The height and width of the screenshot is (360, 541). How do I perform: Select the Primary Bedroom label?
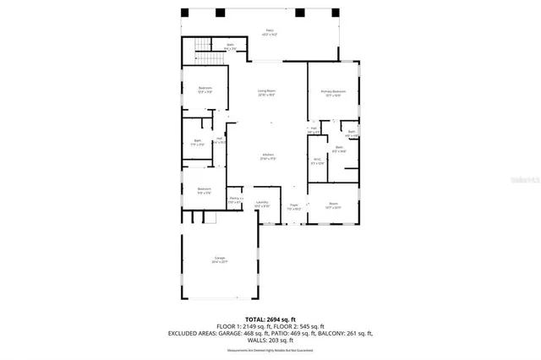pyautogui.click(x=333, y=92)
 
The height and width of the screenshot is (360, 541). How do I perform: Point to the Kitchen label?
pyautogui.click(x=269, y=156)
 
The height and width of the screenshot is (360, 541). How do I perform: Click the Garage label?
pyautogui.click(x=219, y=260)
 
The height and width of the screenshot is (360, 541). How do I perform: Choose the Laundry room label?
pyautogui.click(x=263, y=204)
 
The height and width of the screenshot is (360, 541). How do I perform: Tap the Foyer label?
pyautogui.click(x=294, y=205)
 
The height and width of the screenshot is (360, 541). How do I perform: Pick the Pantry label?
pyautogui.click(x=235, y=200)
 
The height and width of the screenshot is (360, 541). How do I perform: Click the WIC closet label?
pyautogui.click(x=317, y=161)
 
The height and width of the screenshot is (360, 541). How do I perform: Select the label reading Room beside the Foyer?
pyautogui.click(x=333, y=205)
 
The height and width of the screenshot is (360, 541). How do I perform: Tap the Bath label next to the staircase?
pyautogui.click(x=230, y=46)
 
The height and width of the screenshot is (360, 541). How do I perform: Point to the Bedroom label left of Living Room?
pyautogui.click(x=205, y=90)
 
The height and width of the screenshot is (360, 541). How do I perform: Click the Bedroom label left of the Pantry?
pyautogui.click(x=204, y=190)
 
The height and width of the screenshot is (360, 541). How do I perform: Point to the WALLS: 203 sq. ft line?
pyautogui.click(x=270, y=341)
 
